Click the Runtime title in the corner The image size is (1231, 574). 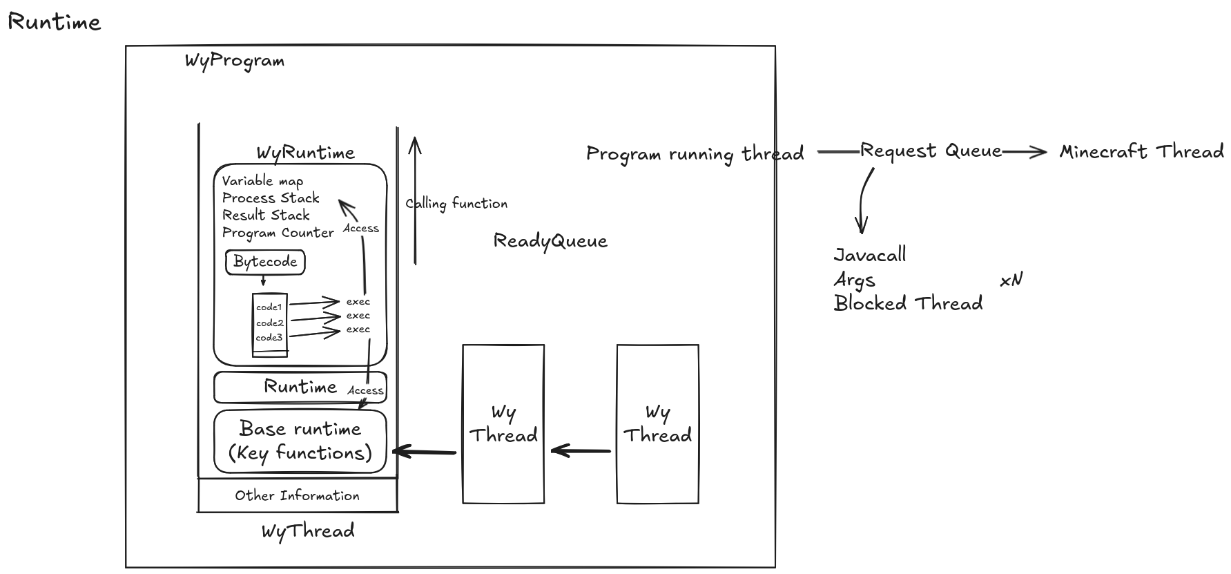click(55, 22)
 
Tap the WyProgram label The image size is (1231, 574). click(235, 61)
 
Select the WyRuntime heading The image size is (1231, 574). click(306, 153)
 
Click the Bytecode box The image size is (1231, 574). click(265, 262)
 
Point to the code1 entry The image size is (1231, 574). click(269, 307)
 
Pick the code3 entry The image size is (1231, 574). click(269, 338)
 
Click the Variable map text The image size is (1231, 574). click(262, 181)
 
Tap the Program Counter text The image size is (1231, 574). click(278, 233)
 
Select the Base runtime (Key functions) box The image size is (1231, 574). click(300, 441)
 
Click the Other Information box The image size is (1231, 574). click(297, 495)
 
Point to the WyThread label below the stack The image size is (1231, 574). click(308, 531)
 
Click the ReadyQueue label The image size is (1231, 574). click(550, 241)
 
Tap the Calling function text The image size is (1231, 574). click(456, 204)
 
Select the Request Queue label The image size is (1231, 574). click(931, 151)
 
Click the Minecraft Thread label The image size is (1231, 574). click(1141, 151)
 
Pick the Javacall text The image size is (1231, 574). click(870, 255)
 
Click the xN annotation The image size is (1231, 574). click(1011, 280)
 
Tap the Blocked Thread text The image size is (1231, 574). click(908, 303)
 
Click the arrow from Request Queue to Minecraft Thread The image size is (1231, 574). click(1025, 151)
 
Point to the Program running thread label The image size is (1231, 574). click(695, 153)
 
